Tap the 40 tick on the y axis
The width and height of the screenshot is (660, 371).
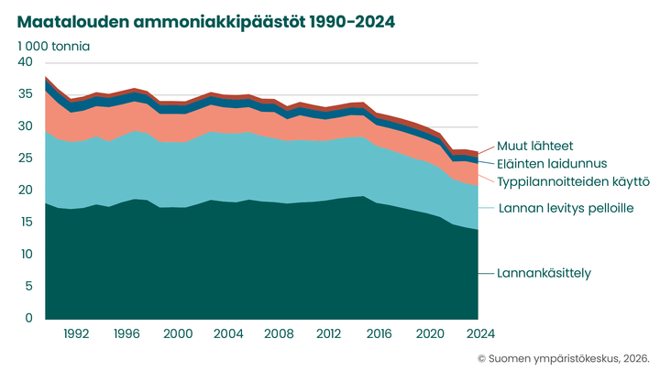26,62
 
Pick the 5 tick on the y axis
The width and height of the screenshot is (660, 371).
29,287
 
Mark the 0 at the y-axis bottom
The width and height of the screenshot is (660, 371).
29,319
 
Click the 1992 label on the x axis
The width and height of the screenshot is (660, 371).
77,333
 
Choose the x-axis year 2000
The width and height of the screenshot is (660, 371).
177,333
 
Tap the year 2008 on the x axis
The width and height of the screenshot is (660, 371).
278,333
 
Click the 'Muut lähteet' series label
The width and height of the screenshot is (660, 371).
536,146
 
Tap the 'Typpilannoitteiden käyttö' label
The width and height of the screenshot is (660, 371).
574,181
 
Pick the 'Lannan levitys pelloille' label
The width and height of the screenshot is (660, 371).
566,209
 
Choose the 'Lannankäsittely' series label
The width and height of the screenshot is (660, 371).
544,273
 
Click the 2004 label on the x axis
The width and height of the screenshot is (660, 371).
227,333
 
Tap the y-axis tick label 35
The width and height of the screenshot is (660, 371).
26,94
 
